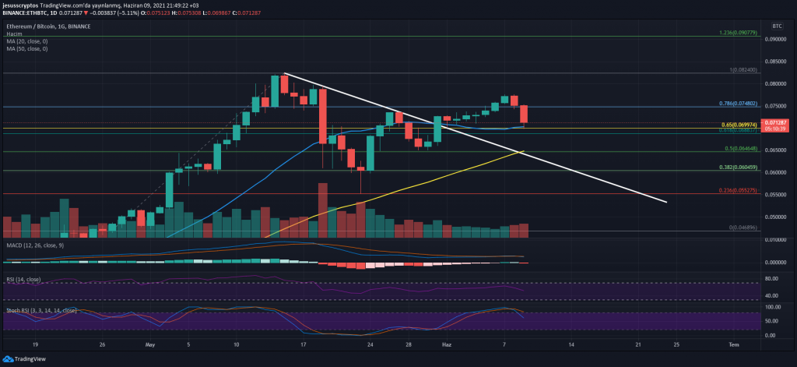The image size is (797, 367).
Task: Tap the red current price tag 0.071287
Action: pyautogui.click(x=778, y=123)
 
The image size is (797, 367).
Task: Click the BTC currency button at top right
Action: pyautogui.click(x=776, y=26)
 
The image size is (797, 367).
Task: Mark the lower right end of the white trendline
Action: pyautogui.click(x=667, y=203)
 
